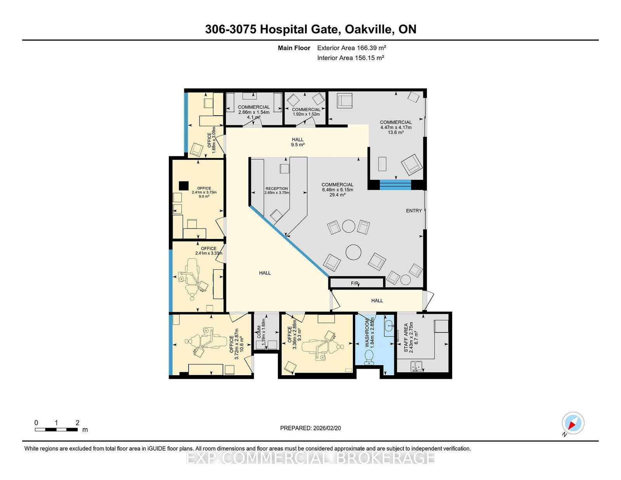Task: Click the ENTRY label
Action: (414, 211)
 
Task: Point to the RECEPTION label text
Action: (277, 189)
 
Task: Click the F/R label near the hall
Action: (355, 283)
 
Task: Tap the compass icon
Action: (573, 423)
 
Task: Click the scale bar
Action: (56, 430)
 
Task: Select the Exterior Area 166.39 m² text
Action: (351, 48)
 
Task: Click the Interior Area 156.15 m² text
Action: (350, 58)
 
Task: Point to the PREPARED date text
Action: (310, 428)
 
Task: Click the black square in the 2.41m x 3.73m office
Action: (184, 185)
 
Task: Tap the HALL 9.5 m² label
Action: (298, 142)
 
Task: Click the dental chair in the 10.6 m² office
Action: (210, 341)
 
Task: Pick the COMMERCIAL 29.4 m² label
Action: (337, 189)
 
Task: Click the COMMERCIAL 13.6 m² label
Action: (396, 127)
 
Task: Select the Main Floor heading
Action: (294, 48)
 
